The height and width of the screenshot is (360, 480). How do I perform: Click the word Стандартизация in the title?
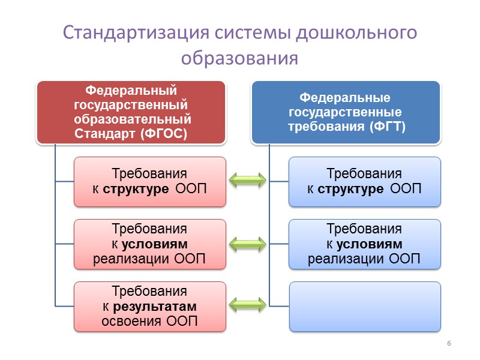click(x=122, y=32)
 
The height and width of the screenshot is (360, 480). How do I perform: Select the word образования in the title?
click(x=239, y=58)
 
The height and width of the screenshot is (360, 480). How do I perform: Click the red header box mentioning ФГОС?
click(x=131, y=112)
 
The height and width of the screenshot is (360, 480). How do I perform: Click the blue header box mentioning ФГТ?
click(x=345, y=112)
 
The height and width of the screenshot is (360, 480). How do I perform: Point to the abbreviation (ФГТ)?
click(x=388, y=127)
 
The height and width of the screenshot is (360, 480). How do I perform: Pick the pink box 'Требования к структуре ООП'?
click(x=149, y=182)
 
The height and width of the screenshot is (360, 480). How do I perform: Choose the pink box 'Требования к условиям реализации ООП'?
click(x=149, y=244)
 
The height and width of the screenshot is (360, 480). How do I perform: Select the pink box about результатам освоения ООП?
click(x=149, y=307)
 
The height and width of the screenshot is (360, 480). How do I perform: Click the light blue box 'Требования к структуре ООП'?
click(x=364, y=182)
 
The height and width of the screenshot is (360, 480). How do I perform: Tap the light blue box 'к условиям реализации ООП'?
click(x=364, y=244)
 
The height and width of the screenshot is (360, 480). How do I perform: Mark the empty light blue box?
click(x=364, y=307)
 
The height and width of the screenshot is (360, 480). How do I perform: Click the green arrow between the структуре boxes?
click(x=248, y=179)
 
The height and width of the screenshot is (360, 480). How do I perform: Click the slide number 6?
click(x=448, y=343)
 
